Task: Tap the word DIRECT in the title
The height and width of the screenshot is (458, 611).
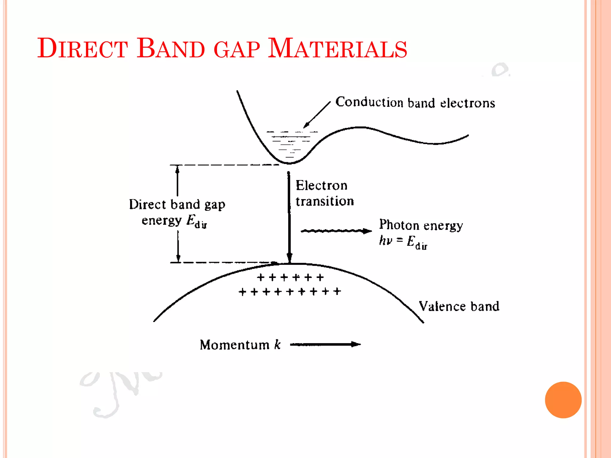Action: pos(83,48)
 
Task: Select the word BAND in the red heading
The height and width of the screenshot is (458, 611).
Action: pos(171,48)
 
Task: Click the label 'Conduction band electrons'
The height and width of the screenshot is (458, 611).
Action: pos(415,103)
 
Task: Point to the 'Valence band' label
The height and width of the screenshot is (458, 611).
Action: pos(459,307)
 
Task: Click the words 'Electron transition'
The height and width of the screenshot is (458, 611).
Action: pos(324,193)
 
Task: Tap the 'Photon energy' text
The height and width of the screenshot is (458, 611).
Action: pos(421,225)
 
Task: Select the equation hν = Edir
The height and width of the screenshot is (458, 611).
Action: pos(403,242)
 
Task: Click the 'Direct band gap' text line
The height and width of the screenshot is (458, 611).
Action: pos(177,205)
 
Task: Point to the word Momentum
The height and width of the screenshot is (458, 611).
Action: pos(234,345)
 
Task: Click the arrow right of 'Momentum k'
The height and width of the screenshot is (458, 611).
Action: pos(325,344)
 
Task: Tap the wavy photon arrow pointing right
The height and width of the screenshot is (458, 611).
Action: pos(336,231)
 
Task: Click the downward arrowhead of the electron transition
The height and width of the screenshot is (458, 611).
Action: pos(289,257)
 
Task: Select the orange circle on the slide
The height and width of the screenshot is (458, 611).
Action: pos(563,400)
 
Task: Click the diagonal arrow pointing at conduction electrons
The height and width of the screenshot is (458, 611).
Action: pos(317,115)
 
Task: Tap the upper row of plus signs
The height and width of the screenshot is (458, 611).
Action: pos(290,278)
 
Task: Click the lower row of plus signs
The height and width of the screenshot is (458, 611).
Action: pos(289,291)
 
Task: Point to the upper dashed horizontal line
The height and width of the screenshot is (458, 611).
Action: pos(224,165)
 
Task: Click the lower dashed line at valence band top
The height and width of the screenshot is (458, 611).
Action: pos(224,263)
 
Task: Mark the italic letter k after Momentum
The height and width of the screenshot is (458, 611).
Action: pos(277,345)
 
